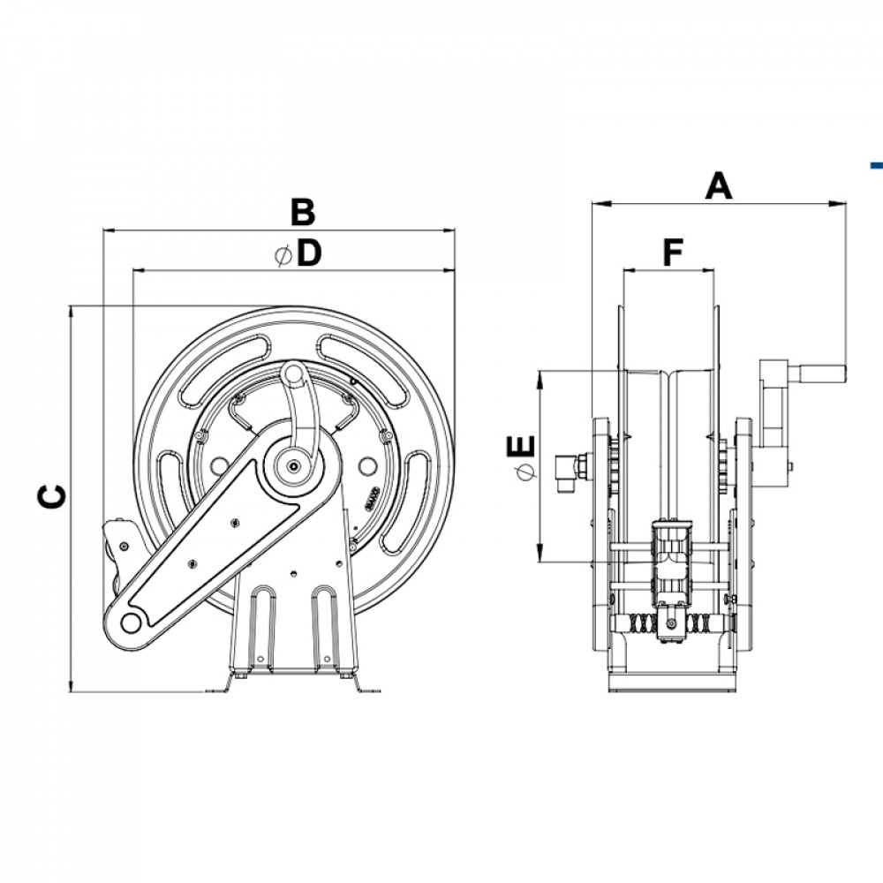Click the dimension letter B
pyautogui.click(x=303, y=212)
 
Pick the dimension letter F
pyautogui.click(x=673, y=253)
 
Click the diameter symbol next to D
pyautogui.click(x=283, y=255)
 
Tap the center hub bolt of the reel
pyautogui.click(x=293, y=466)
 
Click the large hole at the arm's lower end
pyautogui.click(x=131, y=622)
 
